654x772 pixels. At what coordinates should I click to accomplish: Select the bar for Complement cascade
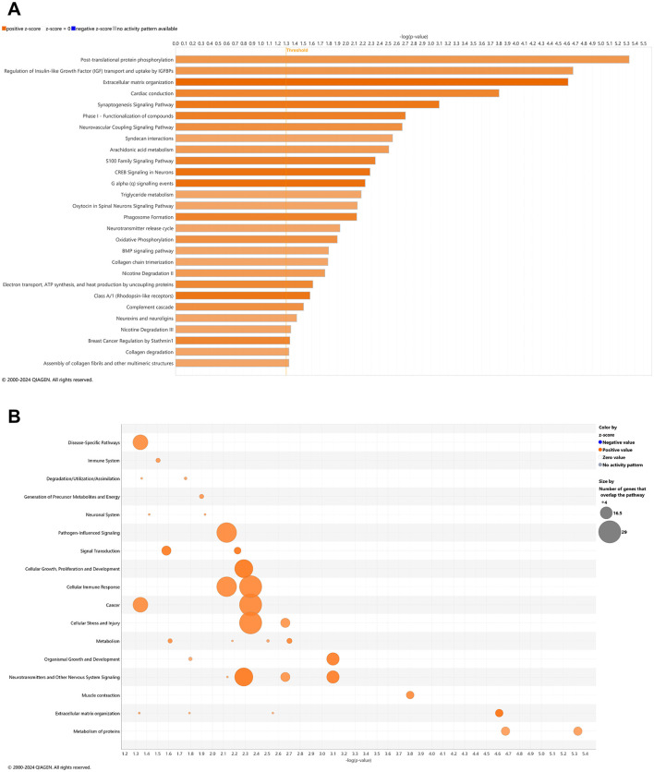239,307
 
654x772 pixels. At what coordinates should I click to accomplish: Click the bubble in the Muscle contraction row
410,694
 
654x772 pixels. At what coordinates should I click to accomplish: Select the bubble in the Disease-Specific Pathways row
140,442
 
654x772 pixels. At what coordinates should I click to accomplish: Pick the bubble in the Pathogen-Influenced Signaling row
226,532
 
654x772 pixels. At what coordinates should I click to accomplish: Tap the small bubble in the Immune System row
158,460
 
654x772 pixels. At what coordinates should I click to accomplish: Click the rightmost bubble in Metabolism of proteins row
577,730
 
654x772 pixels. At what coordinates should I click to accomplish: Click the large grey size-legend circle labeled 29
609,532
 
